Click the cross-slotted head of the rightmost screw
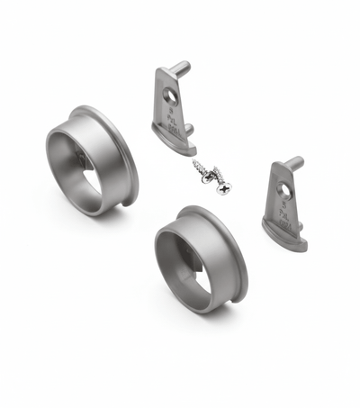(223, 187)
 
